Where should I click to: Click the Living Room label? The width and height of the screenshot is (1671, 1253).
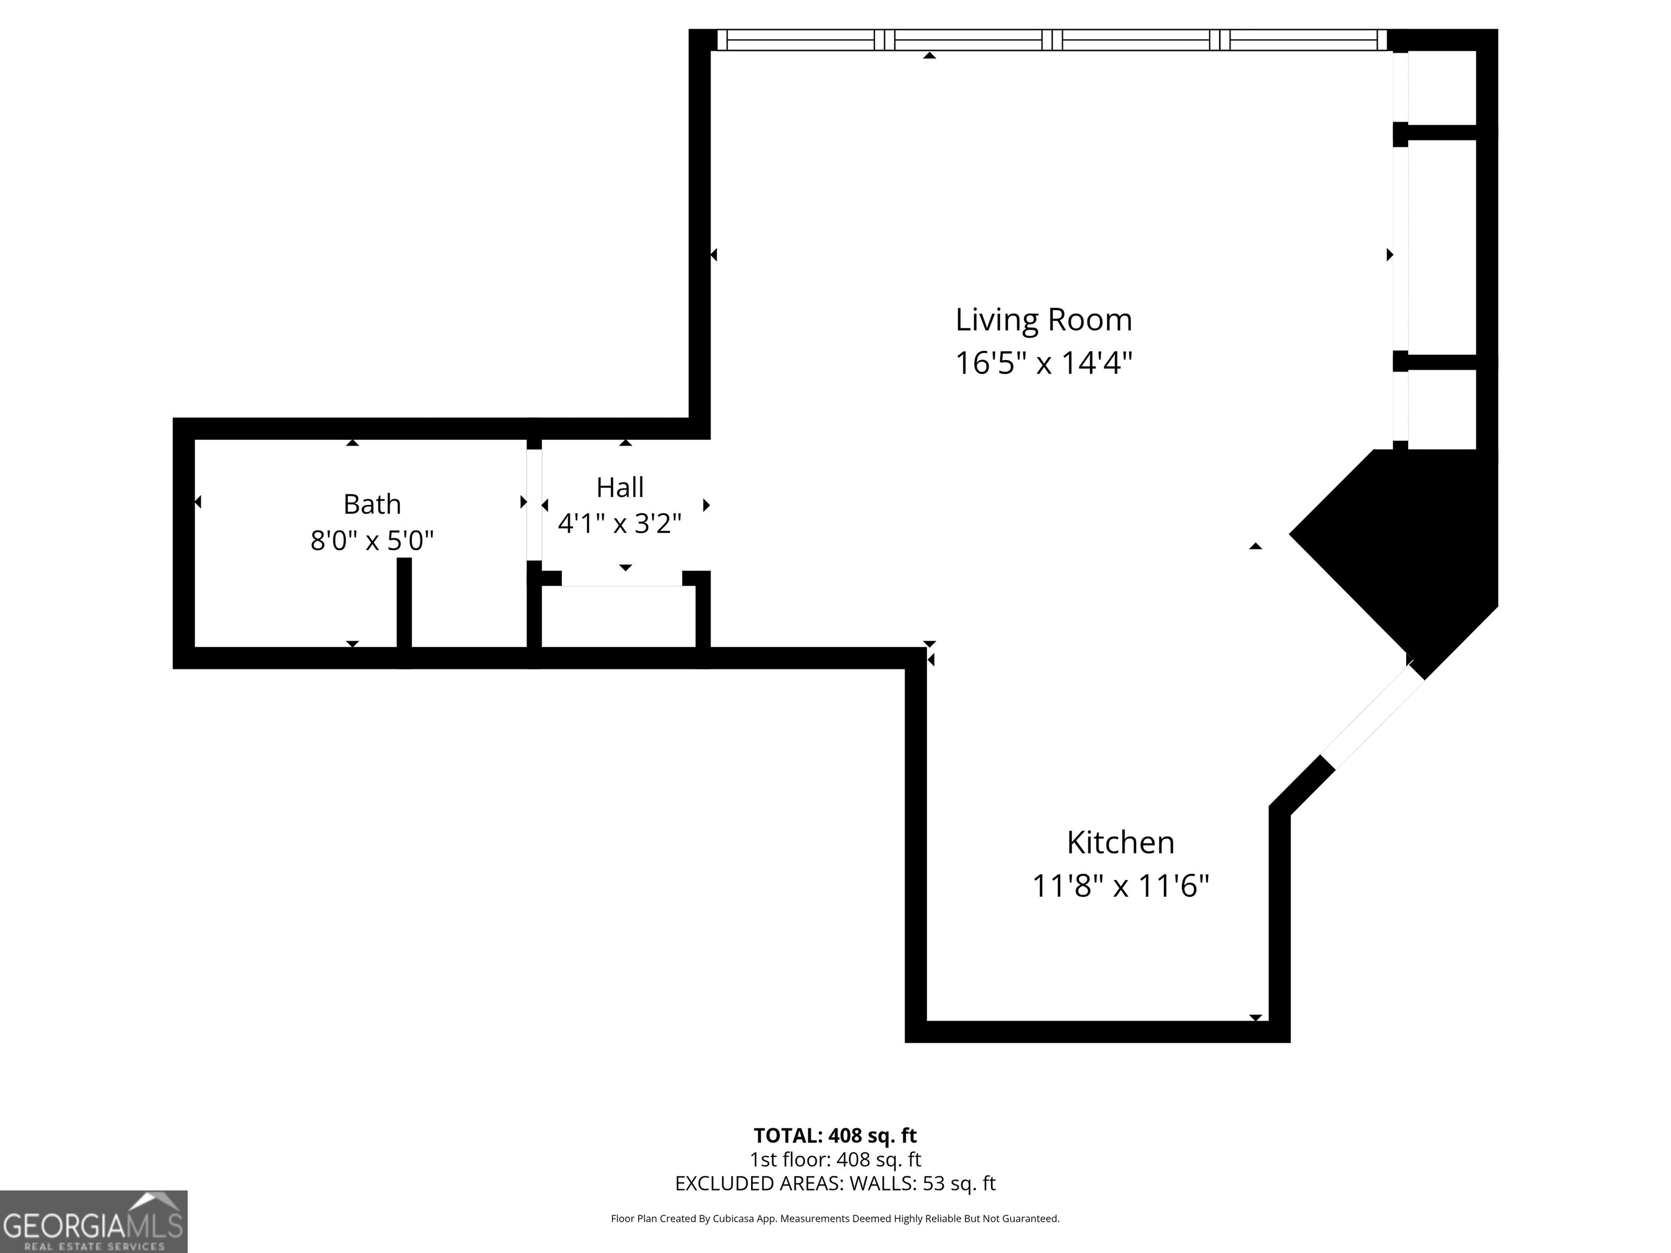1043,320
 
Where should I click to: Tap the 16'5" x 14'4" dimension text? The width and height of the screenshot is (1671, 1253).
1043,363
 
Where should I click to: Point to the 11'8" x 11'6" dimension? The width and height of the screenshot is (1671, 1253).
1121,885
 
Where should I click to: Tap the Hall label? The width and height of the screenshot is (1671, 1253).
620,487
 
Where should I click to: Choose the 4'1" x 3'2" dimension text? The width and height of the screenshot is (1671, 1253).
620,523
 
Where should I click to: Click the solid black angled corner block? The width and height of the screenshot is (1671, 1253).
1405,551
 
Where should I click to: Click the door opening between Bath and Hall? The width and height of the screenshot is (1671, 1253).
534,505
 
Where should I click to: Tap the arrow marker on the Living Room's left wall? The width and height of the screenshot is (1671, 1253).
714,255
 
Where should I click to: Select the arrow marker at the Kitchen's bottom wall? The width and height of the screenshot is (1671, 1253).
1255,1018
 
